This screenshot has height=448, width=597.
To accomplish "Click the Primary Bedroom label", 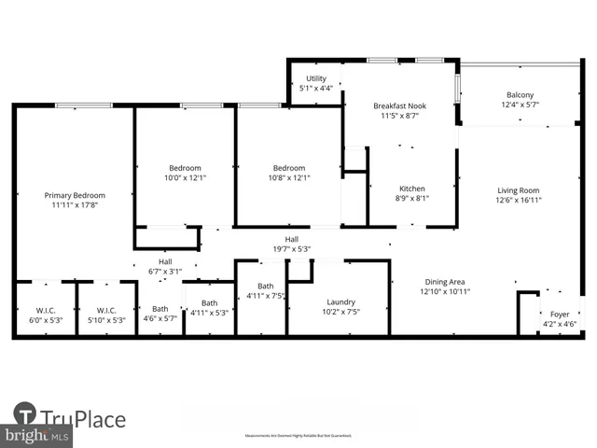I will pyautogui.click(x=75, y=195).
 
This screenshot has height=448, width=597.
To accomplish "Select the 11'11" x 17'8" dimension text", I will pyautogui.click(x=75, y=204).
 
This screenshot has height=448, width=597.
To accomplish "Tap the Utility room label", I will pyautogui.click(x=315, y=79).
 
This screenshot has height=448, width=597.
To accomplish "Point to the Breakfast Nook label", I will pyautogui.click(x=400, y=106).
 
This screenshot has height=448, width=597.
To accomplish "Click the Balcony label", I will pyautogui.click(x=520, y=95).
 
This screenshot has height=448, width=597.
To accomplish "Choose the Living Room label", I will pyautogui.click(x=518, y=189).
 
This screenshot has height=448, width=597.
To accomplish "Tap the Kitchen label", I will pyautogui.click(x=411, y=189).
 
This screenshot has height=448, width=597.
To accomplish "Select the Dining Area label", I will pyautogui.click(x=445, y=282).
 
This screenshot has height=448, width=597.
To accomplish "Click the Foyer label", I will pyautogui.click(x=559, y=315).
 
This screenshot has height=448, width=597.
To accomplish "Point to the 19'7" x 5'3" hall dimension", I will pyautogui.click(x=291, y=249).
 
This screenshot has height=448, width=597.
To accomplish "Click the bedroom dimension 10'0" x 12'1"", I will pyautogui.click(x=185, y=177).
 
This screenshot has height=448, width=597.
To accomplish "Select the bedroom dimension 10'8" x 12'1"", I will pyautogui.click(x=289, y=177).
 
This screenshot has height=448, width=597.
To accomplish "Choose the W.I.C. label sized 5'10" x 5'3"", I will pyautogui.click(x=105, y=310).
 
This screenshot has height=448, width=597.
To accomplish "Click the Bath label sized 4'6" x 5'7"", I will pyautogui.click(x=160, y=309).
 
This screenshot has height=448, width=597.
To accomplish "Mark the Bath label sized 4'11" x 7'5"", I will pyautogui.click(x=266, y=287).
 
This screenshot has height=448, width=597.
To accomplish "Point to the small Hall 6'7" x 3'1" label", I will pyautogui.click(x=165, y=262).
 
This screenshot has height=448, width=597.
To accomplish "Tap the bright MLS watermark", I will pyautogui.click(x=35, y=437).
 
